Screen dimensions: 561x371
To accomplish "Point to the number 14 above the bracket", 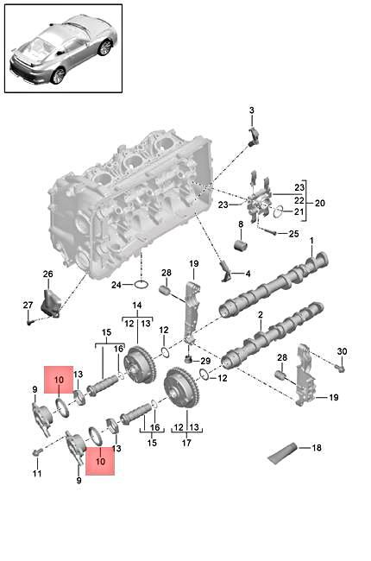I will [135, 306].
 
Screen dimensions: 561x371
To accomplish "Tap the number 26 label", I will [48, 274].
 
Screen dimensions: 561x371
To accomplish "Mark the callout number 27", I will [27, 304].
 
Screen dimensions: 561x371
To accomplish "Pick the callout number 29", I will [205, 360].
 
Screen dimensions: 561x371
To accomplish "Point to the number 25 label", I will [293, 234].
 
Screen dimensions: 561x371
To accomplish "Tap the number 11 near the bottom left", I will [36, 474].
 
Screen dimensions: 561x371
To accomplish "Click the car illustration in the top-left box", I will [61, 48].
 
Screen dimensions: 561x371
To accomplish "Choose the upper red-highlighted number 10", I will [60, 380].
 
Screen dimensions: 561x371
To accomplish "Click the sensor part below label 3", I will [255, 135].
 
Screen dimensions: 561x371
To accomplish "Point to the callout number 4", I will [249, 274].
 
